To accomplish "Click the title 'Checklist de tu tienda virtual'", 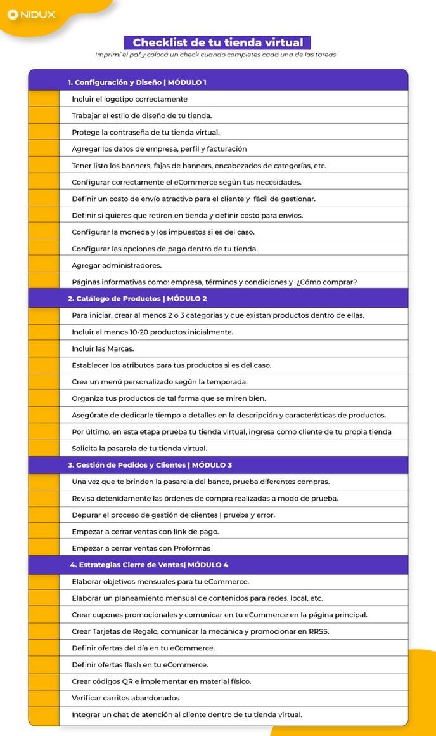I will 217,43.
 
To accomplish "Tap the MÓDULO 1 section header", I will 137,82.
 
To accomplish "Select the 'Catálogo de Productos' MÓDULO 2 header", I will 137,298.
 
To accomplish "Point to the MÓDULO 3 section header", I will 150,465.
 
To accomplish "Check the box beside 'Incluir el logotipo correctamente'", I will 44,99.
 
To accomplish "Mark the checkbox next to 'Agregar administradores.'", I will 44,265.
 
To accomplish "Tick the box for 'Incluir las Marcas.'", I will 44,348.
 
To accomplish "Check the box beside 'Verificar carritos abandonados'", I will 44,698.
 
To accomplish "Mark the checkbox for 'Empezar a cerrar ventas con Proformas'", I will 44,548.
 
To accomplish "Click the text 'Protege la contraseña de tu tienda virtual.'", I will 145,132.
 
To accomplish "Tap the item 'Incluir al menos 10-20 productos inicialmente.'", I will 152,332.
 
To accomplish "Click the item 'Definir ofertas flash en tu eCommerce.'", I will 139,665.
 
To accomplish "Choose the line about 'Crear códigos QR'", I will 161,681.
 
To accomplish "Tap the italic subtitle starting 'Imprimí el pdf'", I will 215,55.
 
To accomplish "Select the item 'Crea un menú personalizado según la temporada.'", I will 159,382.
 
